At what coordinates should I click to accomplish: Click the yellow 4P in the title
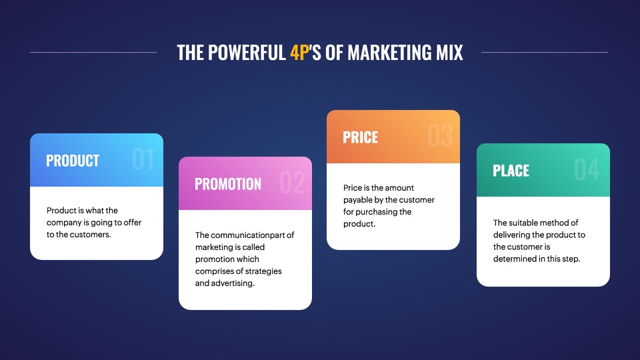point(299,53)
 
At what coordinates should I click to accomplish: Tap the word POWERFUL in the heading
point(247,53)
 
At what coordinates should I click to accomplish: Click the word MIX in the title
point(449,53)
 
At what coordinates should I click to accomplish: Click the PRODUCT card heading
point(73,161)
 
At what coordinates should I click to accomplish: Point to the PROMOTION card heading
point(228,184)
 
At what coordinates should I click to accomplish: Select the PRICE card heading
point(361,137)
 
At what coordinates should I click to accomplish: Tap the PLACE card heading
point(511,171)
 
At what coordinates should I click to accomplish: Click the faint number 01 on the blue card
point(143,159)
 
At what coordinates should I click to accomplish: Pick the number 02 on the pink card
point(292,183)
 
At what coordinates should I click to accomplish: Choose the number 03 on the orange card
point(441,136)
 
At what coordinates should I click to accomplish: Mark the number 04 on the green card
point(587,169)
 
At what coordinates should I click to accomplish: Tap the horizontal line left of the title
point(93,52)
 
